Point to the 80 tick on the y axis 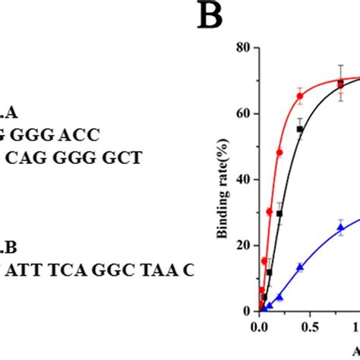pos(245,47)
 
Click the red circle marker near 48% pos(279,153)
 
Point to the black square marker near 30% pos(279,213)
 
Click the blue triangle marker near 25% pos(340,228)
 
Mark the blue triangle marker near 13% pos(300,267)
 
